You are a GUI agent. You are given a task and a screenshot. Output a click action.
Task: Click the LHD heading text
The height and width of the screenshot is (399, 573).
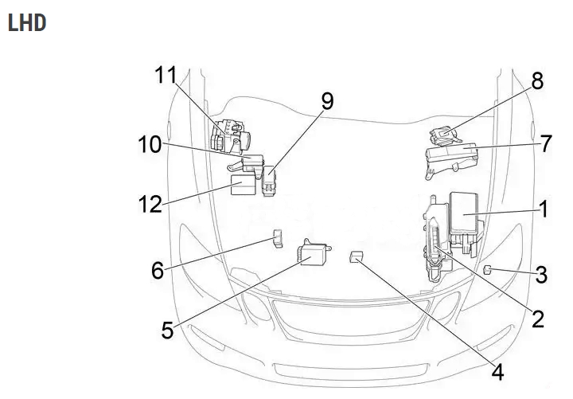tap(26, 22)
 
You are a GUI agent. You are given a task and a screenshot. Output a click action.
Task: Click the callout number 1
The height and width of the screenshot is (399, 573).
tap(544, 209)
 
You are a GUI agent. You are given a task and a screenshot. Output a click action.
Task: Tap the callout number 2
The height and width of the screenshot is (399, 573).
tap(537, 319)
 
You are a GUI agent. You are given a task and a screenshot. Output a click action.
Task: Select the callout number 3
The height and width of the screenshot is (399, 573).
tap(541, 276)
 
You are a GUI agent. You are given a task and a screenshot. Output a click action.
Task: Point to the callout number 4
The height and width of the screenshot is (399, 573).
tap(497, 371)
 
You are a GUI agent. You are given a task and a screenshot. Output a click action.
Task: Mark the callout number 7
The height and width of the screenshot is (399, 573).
tap(545, 144)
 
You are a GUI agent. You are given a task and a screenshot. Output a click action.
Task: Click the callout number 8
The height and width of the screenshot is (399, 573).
tap(537, 80)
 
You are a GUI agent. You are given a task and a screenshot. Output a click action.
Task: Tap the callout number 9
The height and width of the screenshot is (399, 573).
tap(327, 101)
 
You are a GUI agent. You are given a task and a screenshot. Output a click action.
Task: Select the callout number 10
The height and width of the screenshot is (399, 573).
tap(148, 144)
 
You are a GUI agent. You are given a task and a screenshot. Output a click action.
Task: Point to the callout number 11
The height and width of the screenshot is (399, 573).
tap(165, 76)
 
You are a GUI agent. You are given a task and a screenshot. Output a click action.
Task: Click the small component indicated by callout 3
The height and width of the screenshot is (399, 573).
tap(486, 270)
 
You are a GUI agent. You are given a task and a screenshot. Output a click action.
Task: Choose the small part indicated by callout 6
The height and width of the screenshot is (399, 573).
tap(276, 237)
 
